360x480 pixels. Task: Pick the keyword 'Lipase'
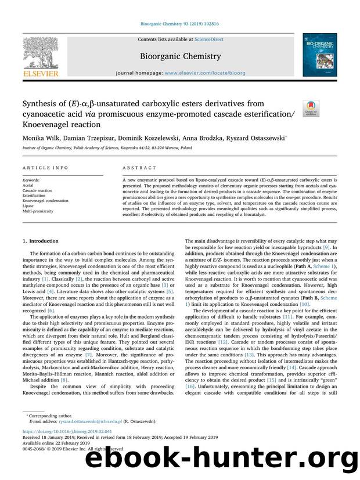tap(28, 205)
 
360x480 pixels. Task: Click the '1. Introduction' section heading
tap(42, 240)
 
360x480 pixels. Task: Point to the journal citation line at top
tap(179, 24)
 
